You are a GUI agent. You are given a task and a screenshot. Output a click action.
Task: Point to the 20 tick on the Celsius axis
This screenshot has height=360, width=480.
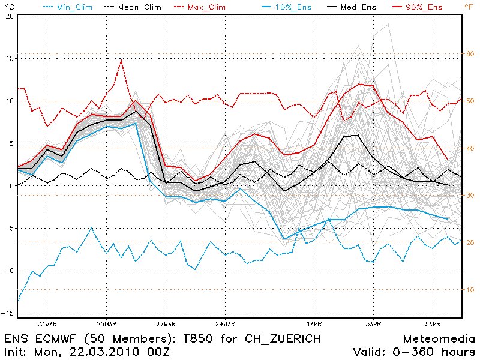9,16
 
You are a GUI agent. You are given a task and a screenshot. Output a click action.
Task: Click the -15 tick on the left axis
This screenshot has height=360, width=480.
7,313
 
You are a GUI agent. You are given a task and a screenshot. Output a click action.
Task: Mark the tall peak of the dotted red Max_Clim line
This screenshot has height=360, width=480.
121,59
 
